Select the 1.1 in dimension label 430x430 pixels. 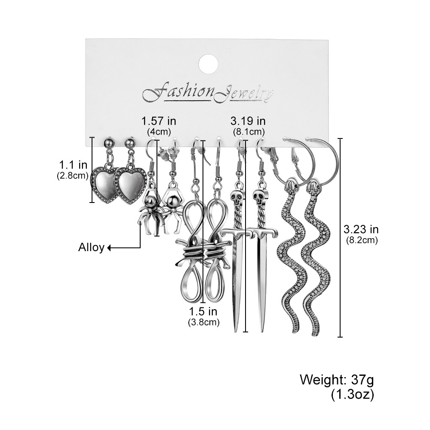pos(73,165)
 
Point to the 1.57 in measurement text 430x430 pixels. pos(159,121)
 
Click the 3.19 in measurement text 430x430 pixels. pos(248,121)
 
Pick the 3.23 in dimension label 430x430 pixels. pos(361,229)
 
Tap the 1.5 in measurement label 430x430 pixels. pos(203,311)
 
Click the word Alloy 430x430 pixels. pos(91,248)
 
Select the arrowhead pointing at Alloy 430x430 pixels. pos(109,248)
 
